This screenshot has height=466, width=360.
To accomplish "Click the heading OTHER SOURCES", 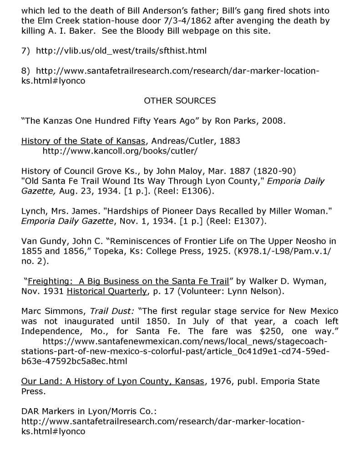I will click(x=179, y=100).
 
